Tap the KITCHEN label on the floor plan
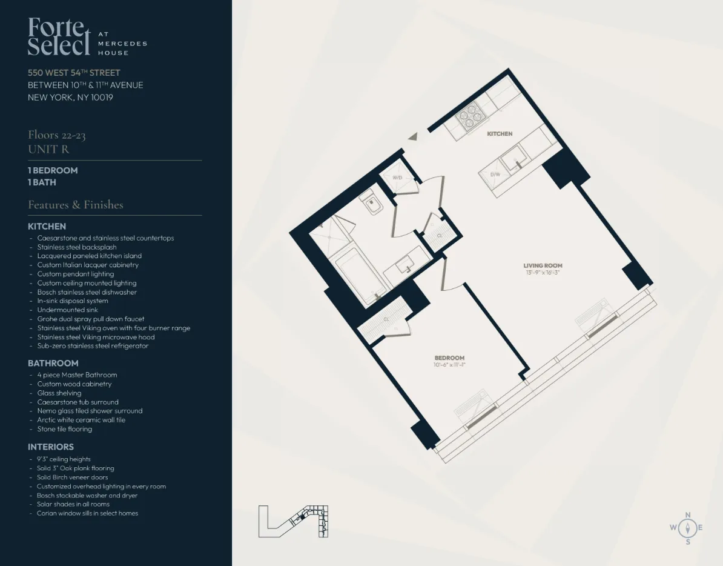click(x=500, y=134)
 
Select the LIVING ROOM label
click(x=543, y=265)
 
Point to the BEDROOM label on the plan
click(x=449, y=358)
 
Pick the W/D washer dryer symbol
click(x=398, y=178)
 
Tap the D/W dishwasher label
click(x=495, y=175)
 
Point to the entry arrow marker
click(x=413, y=137)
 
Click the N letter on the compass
click(x=687, y=515)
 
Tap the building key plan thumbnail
click(x=293, y=521)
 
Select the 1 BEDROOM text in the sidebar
click(x=53, y=171)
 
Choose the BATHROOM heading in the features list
click(x=53, y=363)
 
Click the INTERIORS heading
click(x=51, y=447)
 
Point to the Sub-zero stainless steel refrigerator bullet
click(x=93, y=346)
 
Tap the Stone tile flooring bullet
click(x=64, y=429)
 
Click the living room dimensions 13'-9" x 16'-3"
click(x=543, y=273)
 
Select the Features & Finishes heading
click(x=76, y=205)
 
